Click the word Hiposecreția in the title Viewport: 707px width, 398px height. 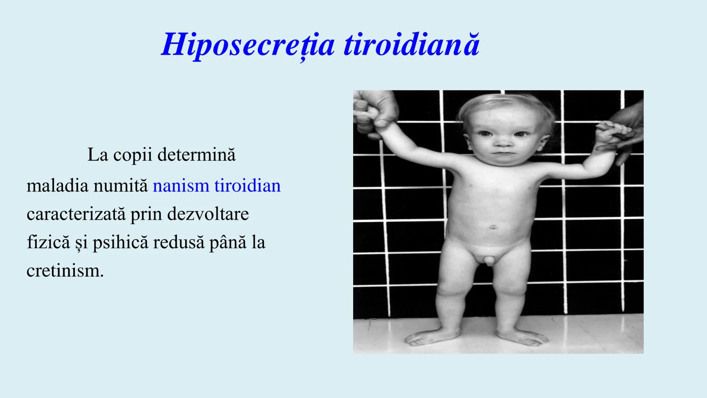(x=248, y=45)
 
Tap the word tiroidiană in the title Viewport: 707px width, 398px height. (x=411, y=45)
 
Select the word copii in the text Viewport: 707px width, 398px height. (x=133, y=155)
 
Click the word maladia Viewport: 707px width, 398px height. (x=57, y=186)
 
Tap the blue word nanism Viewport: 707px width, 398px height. (x=181, y=186)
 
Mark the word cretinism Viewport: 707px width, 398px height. (x=65, y=271)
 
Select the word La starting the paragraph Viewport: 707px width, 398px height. (x=98, y=155)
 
